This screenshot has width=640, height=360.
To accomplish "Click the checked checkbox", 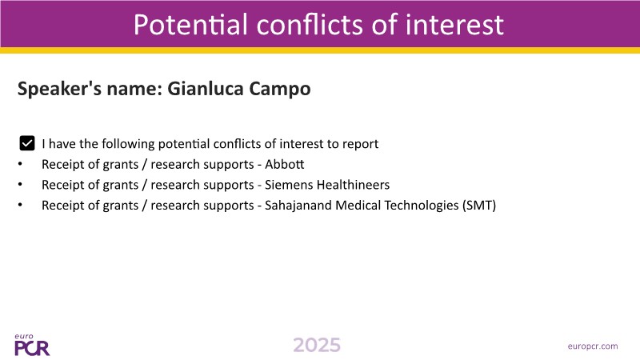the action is click(27, 143).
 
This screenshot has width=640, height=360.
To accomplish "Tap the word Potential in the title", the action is click(190, 25).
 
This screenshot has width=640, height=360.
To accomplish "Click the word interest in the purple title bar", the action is click(454, 25).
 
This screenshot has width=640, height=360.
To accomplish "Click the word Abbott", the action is click(285, 164).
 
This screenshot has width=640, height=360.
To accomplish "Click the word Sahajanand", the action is click(298, 205).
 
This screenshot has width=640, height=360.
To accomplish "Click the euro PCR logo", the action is click(32, 345).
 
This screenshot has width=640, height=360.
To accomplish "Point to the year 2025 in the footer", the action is click(317, 345).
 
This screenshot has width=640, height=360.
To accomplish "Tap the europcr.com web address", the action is click(593, 346).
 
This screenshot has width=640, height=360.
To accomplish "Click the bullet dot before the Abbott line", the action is click(21, 164).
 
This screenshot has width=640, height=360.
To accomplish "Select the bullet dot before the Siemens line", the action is click(21, 185).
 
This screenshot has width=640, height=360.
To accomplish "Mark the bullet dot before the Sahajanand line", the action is click(21, 205).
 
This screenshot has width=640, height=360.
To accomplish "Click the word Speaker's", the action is click(59, 89).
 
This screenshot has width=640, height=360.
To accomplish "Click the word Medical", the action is click(358, 205).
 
